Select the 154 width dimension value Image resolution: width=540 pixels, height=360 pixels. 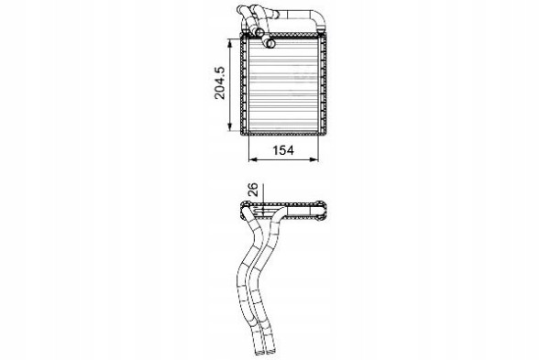[283, 151]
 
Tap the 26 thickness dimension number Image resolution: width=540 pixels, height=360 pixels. [253, 191]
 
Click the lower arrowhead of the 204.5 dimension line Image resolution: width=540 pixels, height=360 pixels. [227, 133]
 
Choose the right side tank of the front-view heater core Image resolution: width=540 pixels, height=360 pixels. [322, 87]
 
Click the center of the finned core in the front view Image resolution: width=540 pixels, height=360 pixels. [283, 87]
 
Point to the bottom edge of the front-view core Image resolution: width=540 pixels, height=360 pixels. [283, 134]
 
